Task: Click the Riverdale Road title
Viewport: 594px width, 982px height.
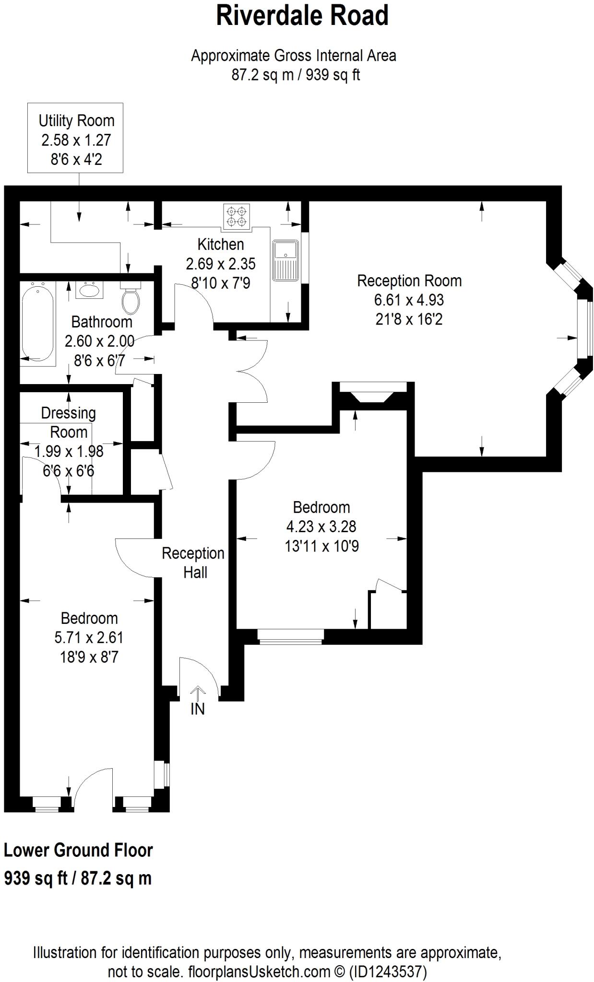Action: point(302,16)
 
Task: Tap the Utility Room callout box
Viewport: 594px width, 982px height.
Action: point(75,138)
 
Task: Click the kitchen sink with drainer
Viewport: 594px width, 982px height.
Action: point(285,260)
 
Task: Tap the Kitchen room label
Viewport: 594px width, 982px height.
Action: point(221,245)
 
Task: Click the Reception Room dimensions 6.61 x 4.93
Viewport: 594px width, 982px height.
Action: point(409,300)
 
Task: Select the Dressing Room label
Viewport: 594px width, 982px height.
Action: point(69,422)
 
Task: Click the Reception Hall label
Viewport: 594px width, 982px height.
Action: point(193,562)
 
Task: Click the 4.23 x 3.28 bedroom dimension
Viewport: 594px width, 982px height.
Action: point(321,526)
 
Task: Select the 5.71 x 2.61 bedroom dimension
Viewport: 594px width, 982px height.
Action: point(89,637)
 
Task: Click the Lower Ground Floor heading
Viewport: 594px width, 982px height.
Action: point(78,850)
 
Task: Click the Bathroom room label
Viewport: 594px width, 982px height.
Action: point(102,322)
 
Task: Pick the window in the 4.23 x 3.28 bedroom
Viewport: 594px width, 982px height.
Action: point(290,636)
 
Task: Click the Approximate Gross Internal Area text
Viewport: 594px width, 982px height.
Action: point(294,56)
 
